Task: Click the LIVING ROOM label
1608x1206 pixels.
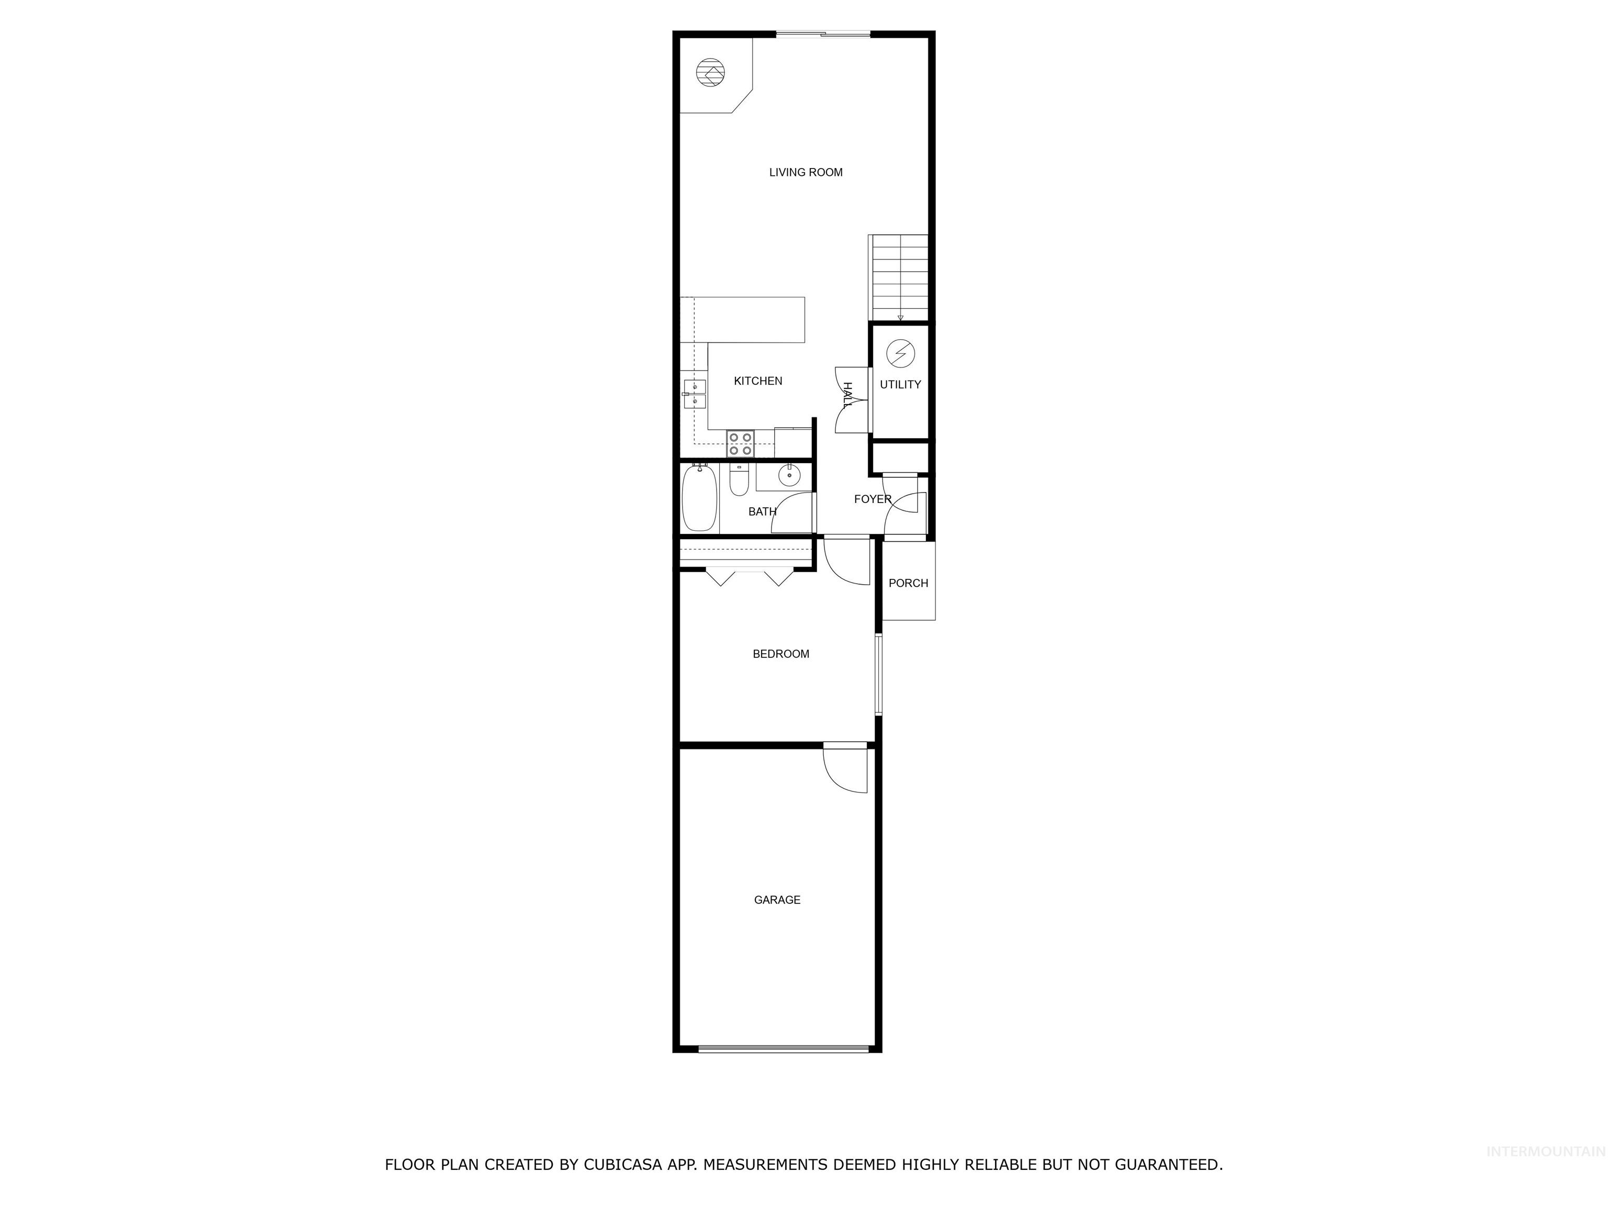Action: [x=806, y=172]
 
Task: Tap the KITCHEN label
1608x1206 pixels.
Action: [x=757, y=381]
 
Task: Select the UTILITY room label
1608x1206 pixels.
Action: [x=900, y=385]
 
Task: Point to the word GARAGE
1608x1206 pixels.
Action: [x=776, y=900]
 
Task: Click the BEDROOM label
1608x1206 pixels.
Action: [x=780, y=654]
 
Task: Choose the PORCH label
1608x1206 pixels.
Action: [x=908, y=583]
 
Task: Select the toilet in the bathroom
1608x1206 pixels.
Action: [x=738, y=480]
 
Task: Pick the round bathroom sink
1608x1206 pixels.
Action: [x=789, y=475]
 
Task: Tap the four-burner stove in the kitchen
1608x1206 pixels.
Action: [x=740, y=443]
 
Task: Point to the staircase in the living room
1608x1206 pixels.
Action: [x=899, y=278]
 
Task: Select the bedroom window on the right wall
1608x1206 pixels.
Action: [x=878, y=675]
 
